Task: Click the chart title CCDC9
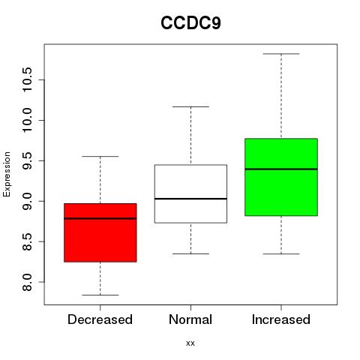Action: pyautogui.click(x=190, y=23)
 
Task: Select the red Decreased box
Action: pyautogui.click(x=100, y=232)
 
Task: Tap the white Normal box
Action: pyautogui.click(x=190, y=193)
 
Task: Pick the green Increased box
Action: pyautogui.click(x=281, y=177)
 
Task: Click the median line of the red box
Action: pyautogui.click(x=100, y=218)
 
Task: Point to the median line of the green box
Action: pyautogui.click(x=281, y=169)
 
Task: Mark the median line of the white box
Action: pyautogui.click(x=190, y=199)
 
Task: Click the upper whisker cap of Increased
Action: pyautogui.click(x=281, y=54)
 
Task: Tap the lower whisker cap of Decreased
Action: pyautogui.click(x=100, y=295)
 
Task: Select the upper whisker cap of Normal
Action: pyautogui.click(x=190, y=106)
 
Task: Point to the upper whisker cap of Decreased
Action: pyautogui.click(x=100, y=157)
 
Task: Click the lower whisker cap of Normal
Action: pyautogui.click(x=190, y=253)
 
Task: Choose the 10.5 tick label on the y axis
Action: pyautogui.click(x=27, y=79)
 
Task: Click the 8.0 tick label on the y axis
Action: pyautogui.click(x=27, y=282)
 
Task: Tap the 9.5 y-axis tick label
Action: pyautogui.click(x=27, y=160)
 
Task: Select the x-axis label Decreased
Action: pyautogui.click(x=100, y=319)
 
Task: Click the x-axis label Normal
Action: pyautogui.click(x=190, y=319)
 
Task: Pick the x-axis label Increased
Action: pyautogui.click(x=281, y=319)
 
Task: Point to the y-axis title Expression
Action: pyautogui.click(x=7, y=174)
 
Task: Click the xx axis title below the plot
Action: pyautogui.click(x=190, y=343)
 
